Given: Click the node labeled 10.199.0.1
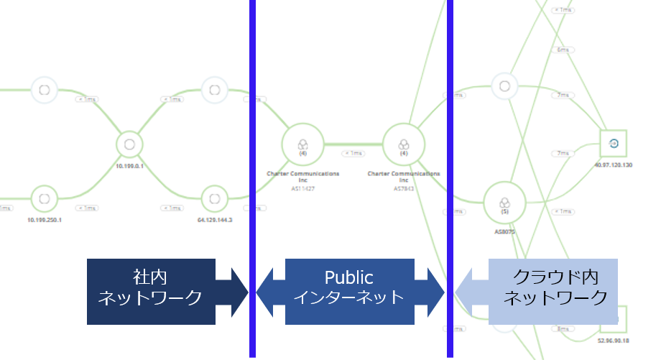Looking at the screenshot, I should pyautogui.click(x=129, y=143).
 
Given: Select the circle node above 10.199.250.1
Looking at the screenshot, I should pyautogui.click(x=45, y=197).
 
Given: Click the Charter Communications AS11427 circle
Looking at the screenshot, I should pyautogui.click(x=302, y=143).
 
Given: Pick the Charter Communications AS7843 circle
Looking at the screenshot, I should pyautogui.click(x=403, y=143).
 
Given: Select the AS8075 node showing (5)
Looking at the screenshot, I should pyautogui.click(x=504, y=203).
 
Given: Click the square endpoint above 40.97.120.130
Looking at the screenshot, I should pyautogui.click(x=613, y=144).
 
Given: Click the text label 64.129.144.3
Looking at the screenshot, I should pyautogui.click(x=215, y=220).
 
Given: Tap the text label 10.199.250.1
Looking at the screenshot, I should pyautogui.click(x=45, y=220).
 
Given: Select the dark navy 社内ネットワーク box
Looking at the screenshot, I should pyautogui.click(x=159, y=287).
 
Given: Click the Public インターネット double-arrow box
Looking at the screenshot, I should pyautogui.click(x=350, y=287).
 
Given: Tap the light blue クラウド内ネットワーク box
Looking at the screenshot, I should pyautogui.click(x=553, y=287).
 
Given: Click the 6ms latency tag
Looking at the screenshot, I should pyautogui.click(x=563, y=50).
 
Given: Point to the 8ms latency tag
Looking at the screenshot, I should pyautogui.click(x=561, y=328).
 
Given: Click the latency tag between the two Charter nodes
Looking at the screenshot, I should pyautogui.click(x=353, y=153).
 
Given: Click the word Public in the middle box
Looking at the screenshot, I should pyautogui.click(x=349, y=277).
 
